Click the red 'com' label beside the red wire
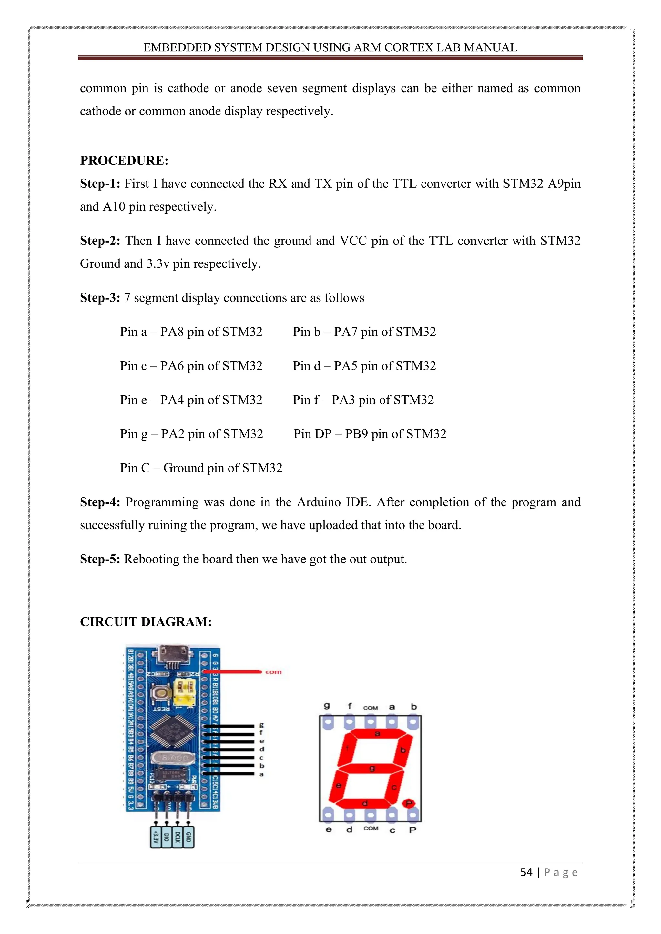(273, 671)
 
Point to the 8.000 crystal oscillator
(170, 758)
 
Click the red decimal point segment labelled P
(408, 803)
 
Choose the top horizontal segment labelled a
(377, 733)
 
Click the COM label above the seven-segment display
(371, 707)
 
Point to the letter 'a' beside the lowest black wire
(261, 774)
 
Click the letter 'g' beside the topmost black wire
(261, 725)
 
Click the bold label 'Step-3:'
(100, 298)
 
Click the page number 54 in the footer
(526, 872)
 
